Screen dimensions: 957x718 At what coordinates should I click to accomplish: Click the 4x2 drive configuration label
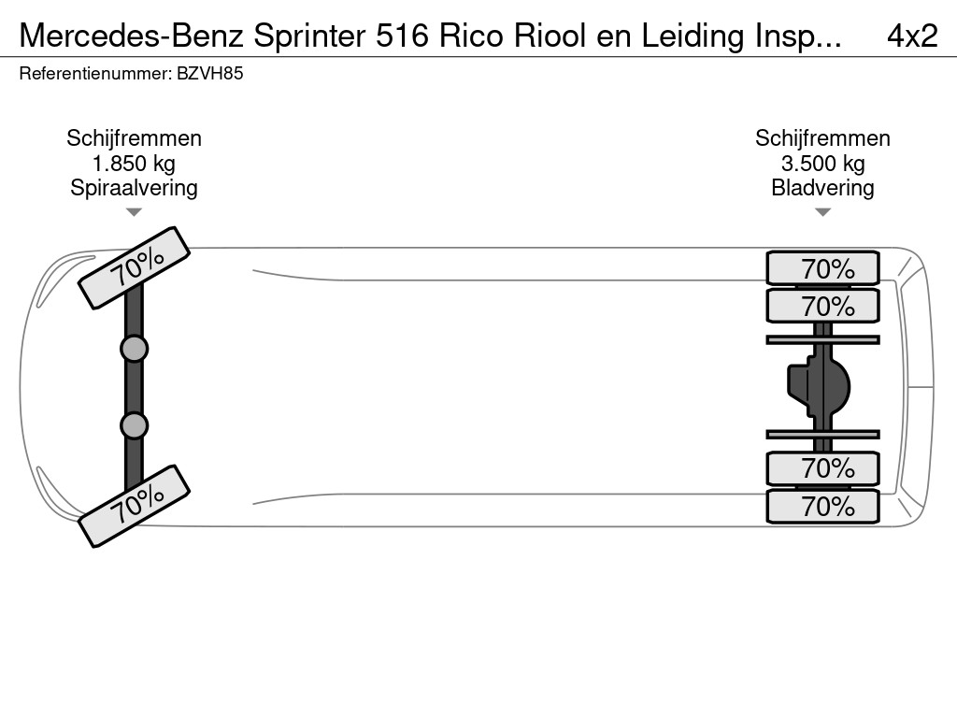(912, 36)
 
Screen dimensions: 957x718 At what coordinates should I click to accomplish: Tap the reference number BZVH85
(210, 74)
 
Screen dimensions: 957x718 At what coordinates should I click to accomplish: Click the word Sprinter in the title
(310, 36)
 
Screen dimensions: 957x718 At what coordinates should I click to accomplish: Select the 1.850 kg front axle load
(134, 164)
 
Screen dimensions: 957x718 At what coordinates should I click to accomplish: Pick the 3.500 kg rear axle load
(822, 164)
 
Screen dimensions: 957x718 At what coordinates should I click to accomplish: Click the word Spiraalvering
(134, 188)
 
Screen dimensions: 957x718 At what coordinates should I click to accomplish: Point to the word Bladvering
(822, 188)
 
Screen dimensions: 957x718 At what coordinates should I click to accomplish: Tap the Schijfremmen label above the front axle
(134, 138)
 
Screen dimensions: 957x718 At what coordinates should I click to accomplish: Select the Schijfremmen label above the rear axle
(822, 138)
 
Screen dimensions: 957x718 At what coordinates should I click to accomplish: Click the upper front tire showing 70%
(135, 268)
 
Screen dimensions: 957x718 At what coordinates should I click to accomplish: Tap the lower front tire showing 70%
(135, 506)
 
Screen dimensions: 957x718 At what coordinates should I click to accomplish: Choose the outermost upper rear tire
(822, 268)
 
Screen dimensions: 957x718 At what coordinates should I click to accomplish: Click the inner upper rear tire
(822, 306)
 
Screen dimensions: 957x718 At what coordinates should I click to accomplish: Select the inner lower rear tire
(822, 469)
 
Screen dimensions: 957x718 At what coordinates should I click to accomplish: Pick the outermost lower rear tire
(822, 506)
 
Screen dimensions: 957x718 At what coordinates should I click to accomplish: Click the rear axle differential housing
(819, 387)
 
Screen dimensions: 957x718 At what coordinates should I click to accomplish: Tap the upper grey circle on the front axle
(134, 350)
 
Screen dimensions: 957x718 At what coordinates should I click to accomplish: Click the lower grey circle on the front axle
(134, 425)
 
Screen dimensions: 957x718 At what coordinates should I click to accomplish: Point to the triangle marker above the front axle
(134, 212)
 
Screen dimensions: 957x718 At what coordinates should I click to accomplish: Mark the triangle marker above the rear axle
(822, 212)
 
